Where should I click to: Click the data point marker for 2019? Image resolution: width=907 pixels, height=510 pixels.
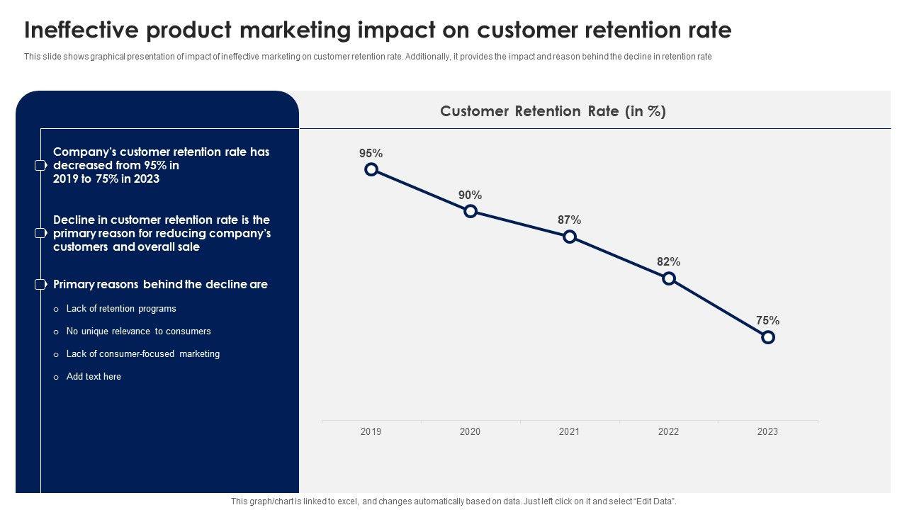point(371,169)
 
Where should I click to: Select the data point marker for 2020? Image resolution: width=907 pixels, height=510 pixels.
point(471,211)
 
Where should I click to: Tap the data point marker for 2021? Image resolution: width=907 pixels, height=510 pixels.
point(570,237)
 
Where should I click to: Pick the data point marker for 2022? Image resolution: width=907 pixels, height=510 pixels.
point(669,278)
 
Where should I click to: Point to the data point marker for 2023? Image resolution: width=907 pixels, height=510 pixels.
point(768,337)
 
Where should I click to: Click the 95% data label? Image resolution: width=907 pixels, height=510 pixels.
point(371,153)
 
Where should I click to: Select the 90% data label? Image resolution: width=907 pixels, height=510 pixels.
point(470,195)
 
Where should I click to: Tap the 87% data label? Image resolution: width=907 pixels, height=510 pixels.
point(569,220)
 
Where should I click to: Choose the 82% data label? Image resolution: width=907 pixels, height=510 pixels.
point(668,261)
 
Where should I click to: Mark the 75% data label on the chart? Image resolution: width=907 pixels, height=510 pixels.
point(767,320)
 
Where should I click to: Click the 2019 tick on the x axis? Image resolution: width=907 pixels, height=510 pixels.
point(371,431)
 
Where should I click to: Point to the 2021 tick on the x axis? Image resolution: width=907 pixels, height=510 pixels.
point(569,431)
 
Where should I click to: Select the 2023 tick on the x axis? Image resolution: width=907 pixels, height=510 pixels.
point(767,431)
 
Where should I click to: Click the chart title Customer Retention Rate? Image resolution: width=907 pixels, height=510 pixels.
point(553,111)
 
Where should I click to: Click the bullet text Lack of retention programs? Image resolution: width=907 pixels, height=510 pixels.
point(121,309)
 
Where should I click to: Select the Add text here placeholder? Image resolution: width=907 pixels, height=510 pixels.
point(94,377)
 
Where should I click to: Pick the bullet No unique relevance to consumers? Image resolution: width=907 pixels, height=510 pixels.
point(138,331)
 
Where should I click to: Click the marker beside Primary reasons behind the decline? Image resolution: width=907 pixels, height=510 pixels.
point(40,285)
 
